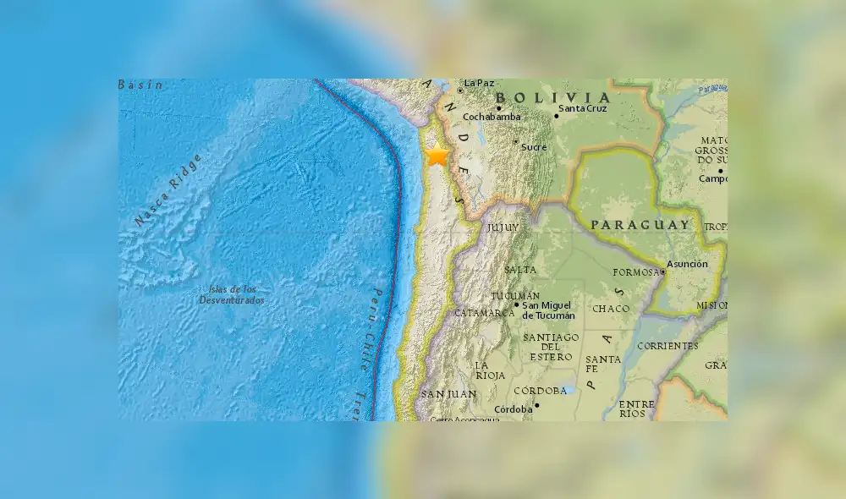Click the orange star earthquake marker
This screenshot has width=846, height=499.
[437, 156]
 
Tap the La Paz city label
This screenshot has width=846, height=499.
[479, 83]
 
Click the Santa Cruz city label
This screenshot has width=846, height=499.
[584, 108]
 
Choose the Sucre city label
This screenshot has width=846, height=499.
[534, 147]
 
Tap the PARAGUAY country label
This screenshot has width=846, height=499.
[640, 225]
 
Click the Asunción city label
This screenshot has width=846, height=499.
[687, 264]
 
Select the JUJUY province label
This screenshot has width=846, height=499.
[502, 228]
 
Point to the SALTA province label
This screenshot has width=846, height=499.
[519, 270]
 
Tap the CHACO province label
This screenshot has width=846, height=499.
[611, 309]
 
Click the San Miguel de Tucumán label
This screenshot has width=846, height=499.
[548, 310]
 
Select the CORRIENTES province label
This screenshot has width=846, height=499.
[668, 346]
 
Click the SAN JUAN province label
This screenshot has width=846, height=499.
[449, 395]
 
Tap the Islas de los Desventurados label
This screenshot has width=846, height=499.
[232, 295]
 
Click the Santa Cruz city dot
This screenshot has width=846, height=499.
[557, 116]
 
